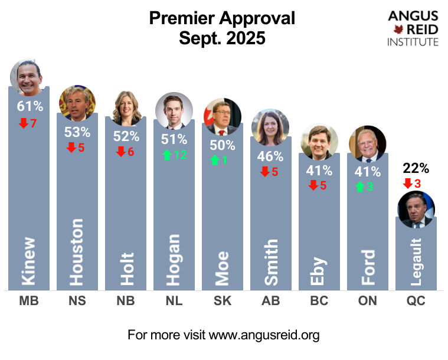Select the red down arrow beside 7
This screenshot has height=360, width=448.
24,123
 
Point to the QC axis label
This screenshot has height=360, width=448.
416,301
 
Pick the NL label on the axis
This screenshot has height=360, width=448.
174,301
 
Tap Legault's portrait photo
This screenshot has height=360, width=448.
416,210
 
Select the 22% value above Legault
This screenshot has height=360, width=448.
416,169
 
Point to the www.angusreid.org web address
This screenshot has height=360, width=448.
264,336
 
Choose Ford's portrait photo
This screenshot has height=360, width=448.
367,143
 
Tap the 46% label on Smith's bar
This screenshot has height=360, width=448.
271,158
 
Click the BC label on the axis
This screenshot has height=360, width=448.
319,301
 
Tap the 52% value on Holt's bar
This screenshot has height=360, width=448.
126,136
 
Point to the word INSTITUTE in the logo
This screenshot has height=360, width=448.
413,42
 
